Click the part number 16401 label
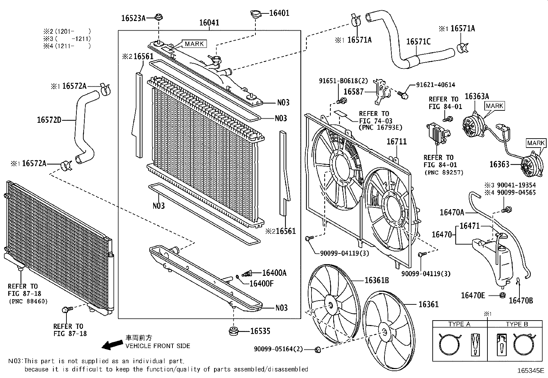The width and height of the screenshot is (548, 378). coord(279,13)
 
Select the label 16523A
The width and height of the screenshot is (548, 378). coord(133,18)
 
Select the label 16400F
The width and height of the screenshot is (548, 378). coord(262,283)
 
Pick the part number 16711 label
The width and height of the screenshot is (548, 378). coord(397,141)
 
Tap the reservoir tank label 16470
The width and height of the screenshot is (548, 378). coord(442,235)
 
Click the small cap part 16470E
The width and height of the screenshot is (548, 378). coord(502,295)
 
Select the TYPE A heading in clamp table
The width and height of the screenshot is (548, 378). coord(459,324)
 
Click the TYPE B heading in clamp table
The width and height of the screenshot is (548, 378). coord(517,324)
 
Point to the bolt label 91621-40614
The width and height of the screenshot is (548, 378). coord(435,85)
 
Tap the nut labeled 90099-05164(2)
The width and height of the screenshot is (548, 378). coord(318,349)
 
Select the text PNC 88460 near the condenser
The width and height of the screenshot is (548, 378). coord(28,301)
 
